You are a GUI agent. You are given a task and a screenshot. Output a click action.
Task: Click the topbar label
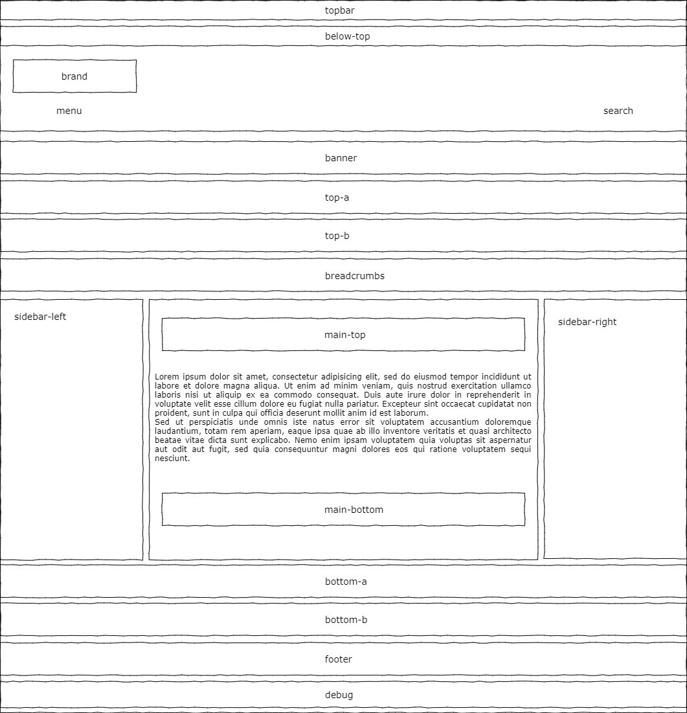339,10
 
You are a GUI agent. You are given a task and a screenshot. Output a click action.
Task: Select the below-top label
347,36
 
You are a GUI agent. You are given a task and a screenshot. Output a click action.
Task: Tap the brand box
74,76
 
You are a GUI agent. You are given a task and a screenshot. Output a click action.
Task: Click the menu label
69,111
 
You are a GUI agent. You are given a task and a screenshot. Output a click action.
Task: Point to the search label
618,111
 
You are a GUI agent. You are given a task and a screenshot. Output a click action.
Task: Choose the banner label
341,158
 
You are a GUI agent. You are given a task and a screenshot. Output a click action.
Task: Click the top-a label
337,198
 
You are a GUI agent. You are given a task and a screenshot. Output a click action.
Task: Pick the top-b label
337,236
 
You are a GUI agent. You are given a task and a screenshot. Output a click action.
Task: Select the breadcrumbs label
354,276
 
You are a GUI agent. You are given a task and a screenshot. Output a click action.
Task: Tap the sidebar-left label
40,317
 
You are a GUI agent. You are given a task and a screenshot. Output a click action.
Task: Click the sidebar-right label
587,322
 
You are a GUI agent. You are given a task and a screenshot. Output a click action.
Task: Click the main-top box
344,335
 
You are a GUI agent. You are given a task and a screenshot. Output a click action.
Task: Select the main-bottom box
354,510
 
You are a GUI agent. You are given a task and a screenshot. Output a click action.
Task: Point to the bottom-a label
346,582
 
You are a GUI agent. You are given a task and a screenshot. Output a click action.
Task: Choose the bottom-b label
346,620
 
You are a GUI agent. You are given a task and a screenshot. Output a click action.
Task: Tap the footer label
338,659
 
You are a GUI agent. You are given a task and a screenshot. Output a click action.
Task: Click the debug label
339,695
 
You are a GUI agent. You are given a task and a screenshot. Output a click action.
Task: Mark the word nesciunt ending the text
172,458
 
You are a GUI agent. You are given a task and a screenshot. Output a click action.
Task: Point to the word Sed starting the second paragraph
162,422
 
